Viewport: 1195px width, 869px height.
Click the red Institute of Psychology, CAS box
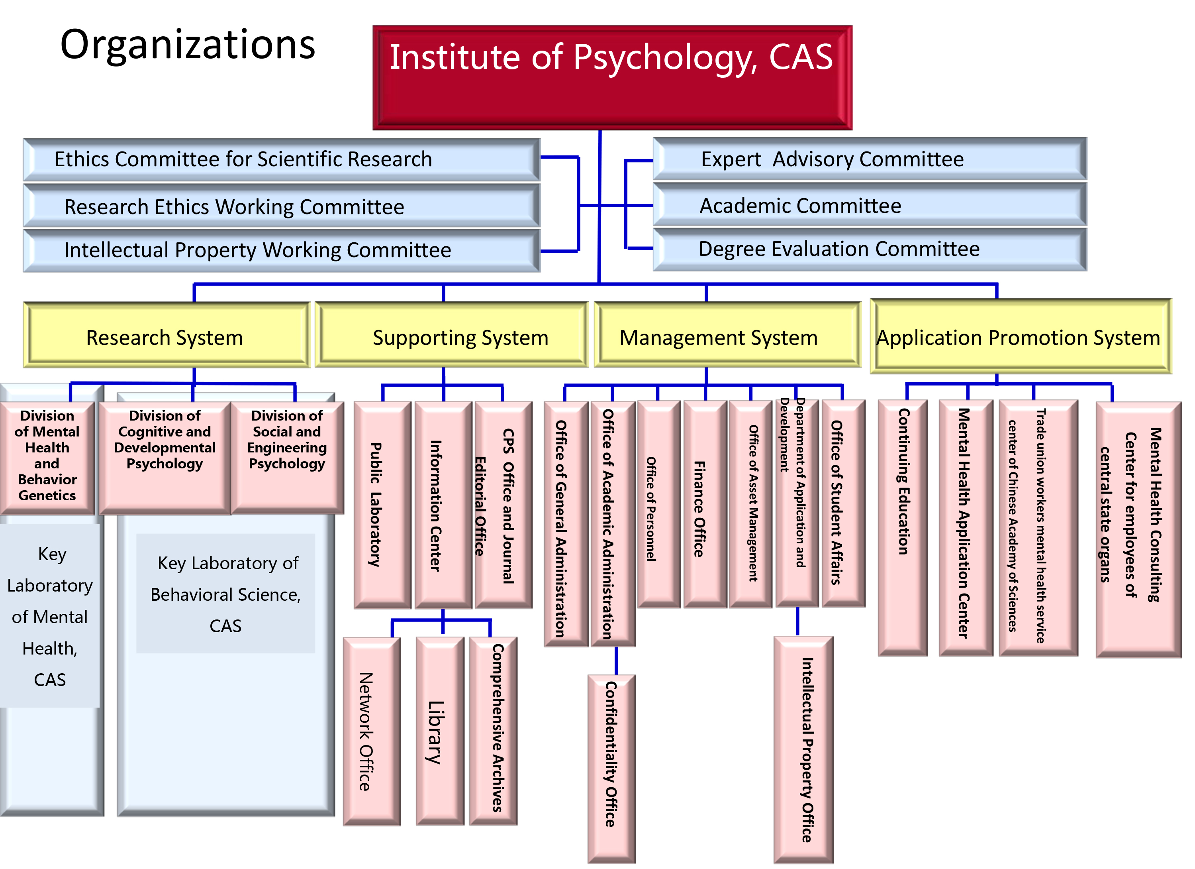click(612, 77)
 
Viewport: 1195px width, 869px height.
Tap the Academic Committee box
click(870, 205)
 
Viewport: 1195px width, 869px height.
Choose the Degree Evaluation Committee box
click(870, 249)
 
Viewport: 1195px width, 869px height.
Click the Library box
click(439, 732)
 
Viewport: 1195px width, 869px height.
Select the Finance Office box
click(705, 505)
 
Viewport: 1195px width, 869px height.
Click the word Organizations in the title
click(188, 45)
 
